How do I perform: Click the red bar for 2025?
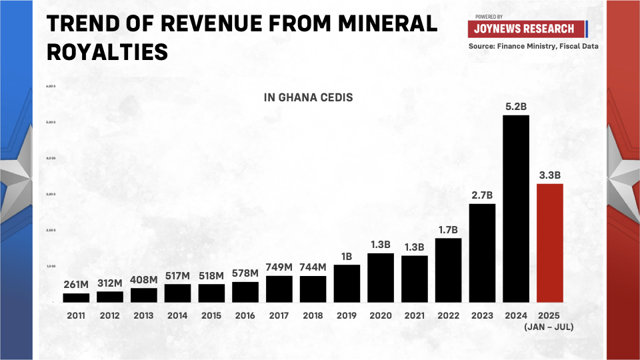[x=550, y=243]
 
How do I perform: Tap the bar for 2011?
[x=76, y=297]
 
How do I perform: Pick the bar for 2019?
[x=347, y=283]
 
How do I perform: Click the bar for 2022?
[x=448, y=270]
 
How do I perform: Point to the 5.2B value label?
[x=516, y=107]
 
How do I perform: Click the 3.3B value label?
[x=550, y=175]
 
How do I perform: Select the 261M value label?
[x=76, y=285]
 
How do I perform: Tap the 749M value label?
[x=279, y=267]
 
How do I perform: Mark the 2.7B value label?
[x=482, y=195]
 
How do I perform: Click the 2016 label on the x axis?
[x=245, y=315]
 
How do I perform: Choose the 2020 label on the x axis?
[x=381, y=315]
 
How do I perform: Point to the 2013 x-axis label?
[x=144, y=315]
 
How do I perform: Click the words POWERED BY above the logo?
[x=489, y=17]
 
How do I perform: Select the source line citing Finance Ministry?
[x=533, y=46]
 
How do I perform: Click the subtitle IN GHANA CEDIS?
[x=309, y=97]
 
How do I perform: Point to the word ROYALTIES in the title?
[x=107, y=51]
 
